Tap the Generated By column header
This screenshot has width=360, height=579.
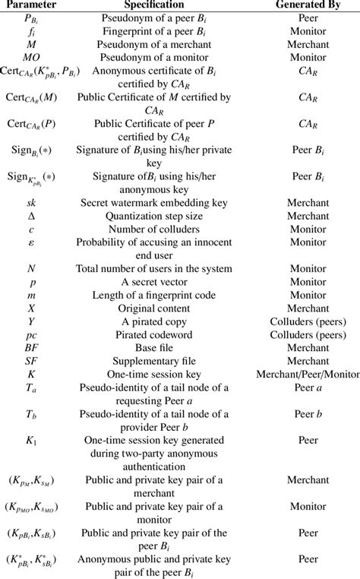pyautogui.click(x=306, y=5)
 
